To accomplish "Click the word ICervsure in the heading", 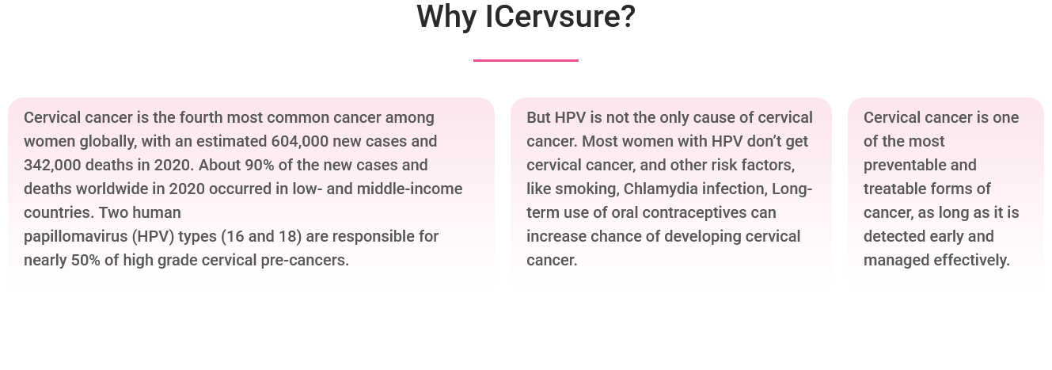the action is (560, 17).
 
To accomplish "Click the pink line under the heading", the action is (526, 60).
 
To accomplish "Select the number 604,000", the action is (300, 142).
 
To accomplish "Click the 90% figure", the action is (260, 165).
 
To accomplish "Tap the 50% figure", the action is (85, 260).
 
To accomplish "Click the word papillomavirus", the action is (76, 237).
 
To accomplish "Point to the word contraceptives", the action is (694, 213).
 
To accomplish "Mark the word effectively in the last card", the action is (972, 261).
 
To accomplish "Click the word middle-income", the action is (409, 189).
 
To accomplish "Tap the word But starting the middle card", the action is (538, 117).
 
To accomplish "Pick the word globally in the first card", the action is (108, 142).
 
